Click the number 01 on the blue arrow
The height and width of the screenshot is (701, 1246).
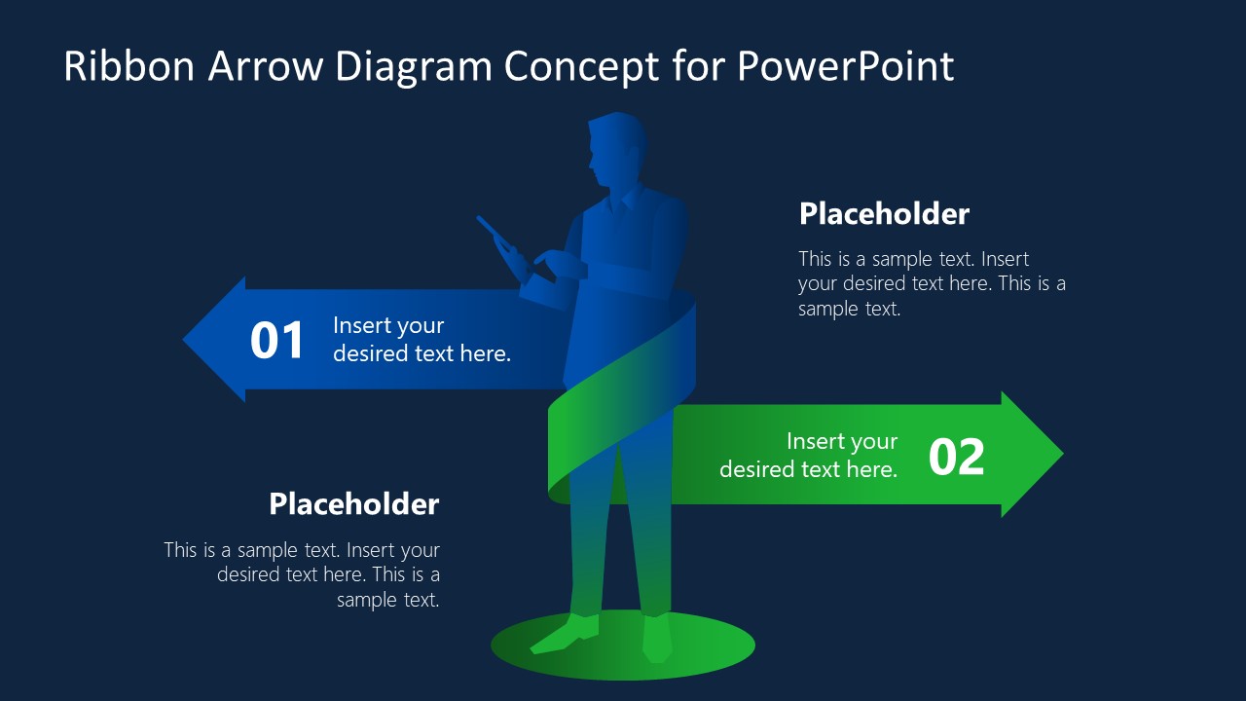[277, 341]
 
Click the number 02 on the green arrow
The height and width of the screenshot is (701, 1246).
[956, 457]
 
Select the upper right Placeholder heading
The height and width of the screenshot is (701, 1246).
[884, 214]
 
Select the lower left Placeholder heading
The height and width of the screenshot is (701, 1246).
[354, 504]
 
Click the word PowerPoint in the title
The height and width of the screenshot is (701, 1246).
[845, 66]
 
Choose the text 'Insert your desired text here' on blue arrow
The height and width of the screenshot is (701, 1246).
[421, 340]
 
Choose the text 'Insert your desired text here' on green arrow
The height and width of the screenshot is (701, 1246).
[808, 455]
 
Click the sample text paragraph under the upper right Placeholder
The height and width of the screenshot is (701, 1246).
[931, 283]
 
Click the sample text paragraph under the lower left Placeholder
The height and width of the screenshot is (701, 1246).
[302, 574]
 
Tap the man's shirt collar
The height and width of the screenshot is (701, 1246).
[621, 202]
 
